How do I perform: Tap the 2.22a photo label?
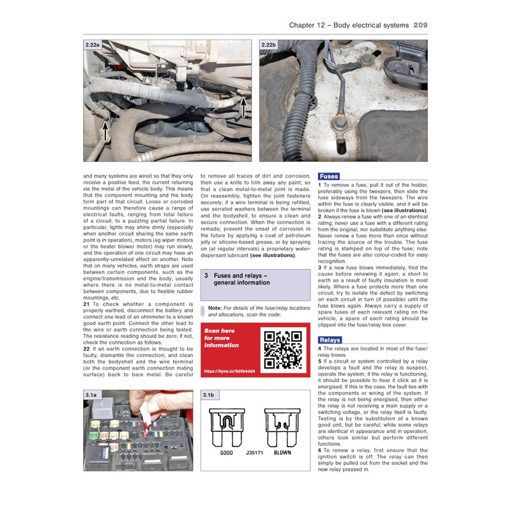coord(93,45)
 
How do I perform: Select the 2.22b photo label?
coord(269,45)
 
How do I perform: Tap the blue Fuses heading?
coord(328,176)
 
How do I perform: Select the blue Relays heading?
coord(330,340)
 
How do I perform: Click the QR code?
coord(283,350)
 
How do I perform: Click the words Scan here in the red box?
coord(219,331)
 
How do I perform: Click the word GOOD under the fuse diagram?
coord(227,452)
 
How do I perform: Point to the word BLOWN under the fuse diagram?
coord(283,452)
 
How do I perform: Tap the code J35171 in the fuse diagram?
coord(254,452)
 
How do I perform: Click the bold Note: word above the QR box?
coord(215,308)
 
